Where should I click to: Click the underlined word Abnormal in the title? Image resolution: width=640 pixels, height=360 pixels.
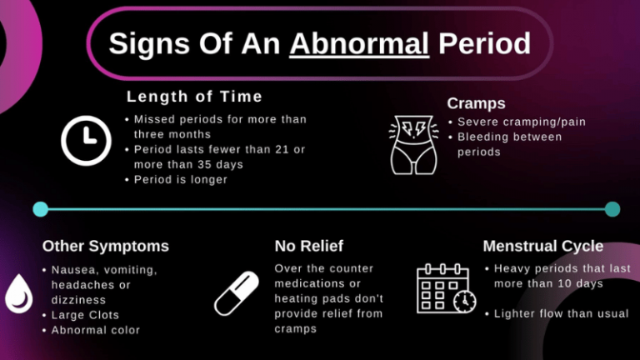(359, 43)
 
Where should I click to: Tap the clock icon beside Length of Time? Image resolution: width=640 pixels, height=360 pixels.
(87, 140)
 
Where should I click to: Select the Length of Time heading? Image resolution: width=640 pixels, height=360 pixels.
(194, 97)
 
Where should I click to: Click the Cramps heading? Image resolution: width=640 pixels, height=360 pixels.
(476, 103)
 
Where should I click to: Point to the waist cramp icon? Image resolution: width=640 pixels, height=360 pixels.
(414, 143)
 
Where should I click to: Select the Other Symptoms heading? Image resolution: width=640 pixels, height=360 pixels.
(105, 246)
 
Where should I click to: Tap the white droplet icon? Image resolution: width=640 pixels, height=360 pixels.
(18, 292)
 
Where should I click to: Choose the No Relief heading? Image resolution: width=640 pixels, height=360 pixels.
(308, 246)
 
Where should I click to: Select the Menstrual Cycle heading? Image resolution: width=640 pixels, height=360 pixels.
(542, 246)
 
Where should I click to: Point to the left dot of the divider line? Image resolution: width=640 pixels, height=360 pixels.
(40, 208)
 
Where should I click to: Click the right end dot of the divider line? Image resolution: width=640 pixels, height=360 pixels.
(612, 208)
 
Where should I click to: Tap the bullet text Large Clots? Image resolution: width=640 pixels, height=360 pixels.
(85, 315)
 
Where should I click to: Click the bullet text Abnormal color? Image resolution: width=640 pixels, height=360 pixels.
(95, 330)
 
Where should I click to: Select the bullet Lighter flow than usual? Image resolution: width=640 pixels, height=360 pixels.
(561, 314)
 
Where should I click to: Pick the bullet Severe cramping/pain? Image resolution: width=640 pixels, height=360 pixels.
(521, 122)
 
